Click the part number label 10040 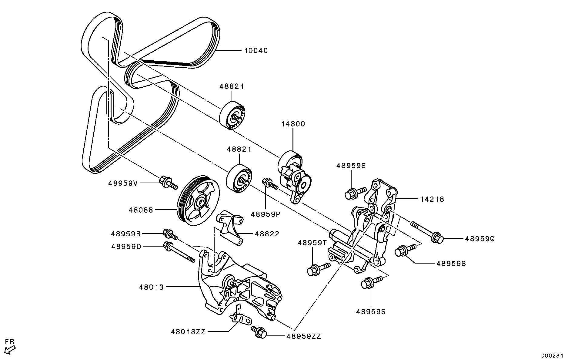click(256, 50)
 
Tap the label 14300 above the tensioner click(293, 124)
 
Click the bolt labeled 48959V click(168, 183)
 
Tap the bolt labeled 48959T click(317, 269)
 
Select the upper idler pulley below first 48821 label click(232, 116)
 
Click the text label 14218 click(432, 199)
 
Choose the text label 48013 click(151, 287)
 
